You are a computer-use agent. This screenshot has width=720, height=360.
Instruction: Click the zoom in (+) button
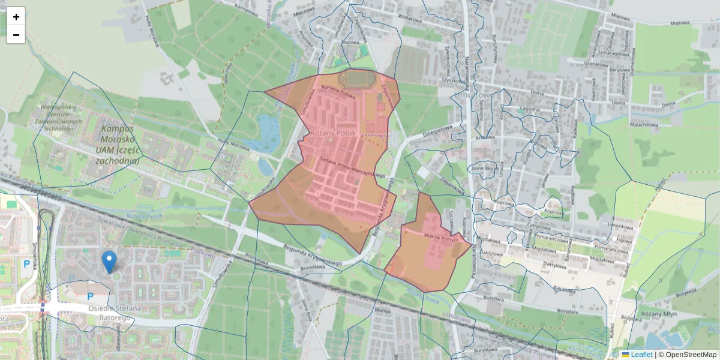tap(16, 17)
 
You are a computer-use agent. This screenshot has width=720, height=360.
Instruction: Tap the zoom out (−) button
tap(16, 35)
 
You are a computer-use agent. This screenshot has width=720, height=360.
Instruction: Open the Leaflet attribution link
tap(641, 355)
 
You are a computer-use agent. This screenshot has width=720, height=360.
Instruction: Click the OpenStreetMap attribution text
tap(691, 355)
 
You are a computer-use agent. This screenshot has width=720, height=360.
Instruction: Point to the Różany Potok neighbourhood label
tap(333, 133)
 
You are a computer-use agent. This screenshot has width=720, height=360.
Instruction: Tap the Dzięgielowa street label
tap(436, 131)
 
